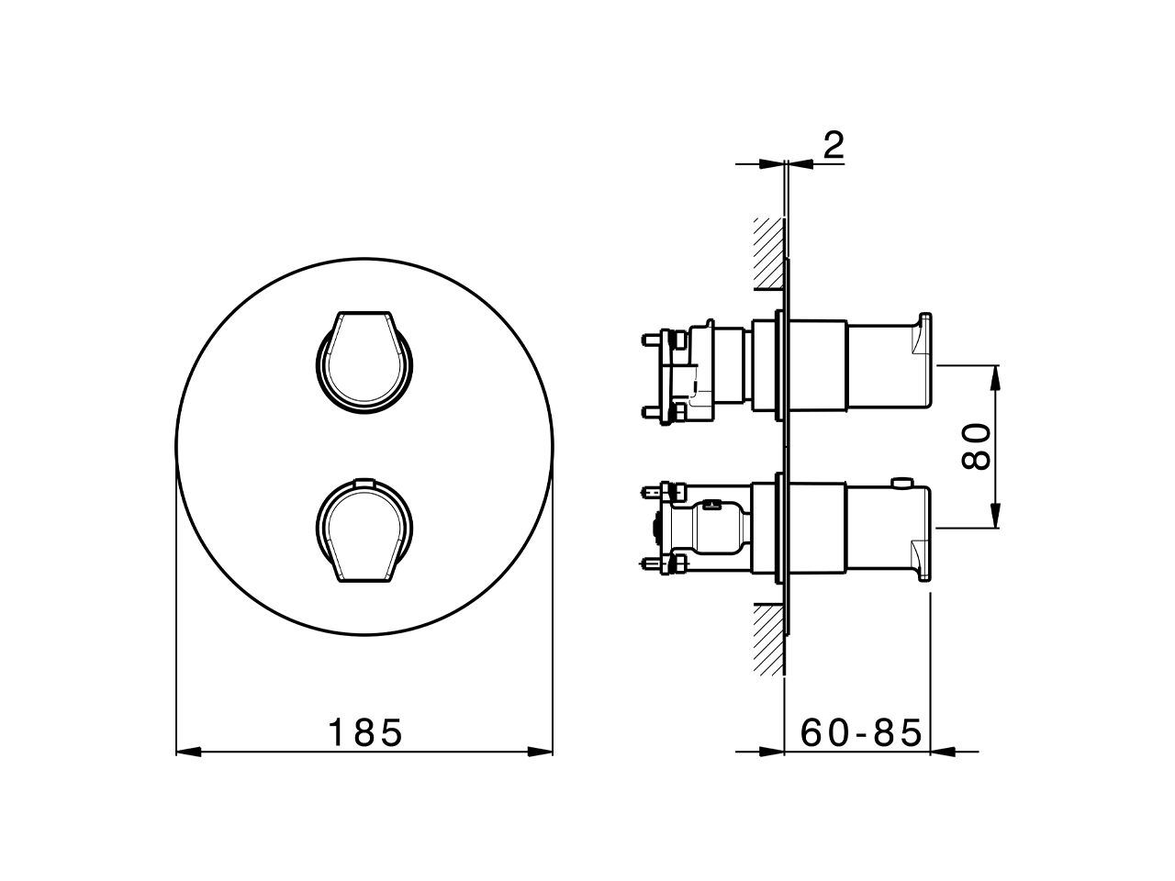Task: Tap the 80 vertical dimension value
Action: click(x=977, y=446)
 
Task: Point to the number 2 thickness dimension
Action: click(x=833, y=146)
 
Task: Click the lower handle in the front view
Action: click(x=364, y=531)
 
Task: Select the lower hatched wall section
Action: click(x=768, y=639)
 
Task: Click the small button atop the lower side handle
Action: click(x=904, y=480)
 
